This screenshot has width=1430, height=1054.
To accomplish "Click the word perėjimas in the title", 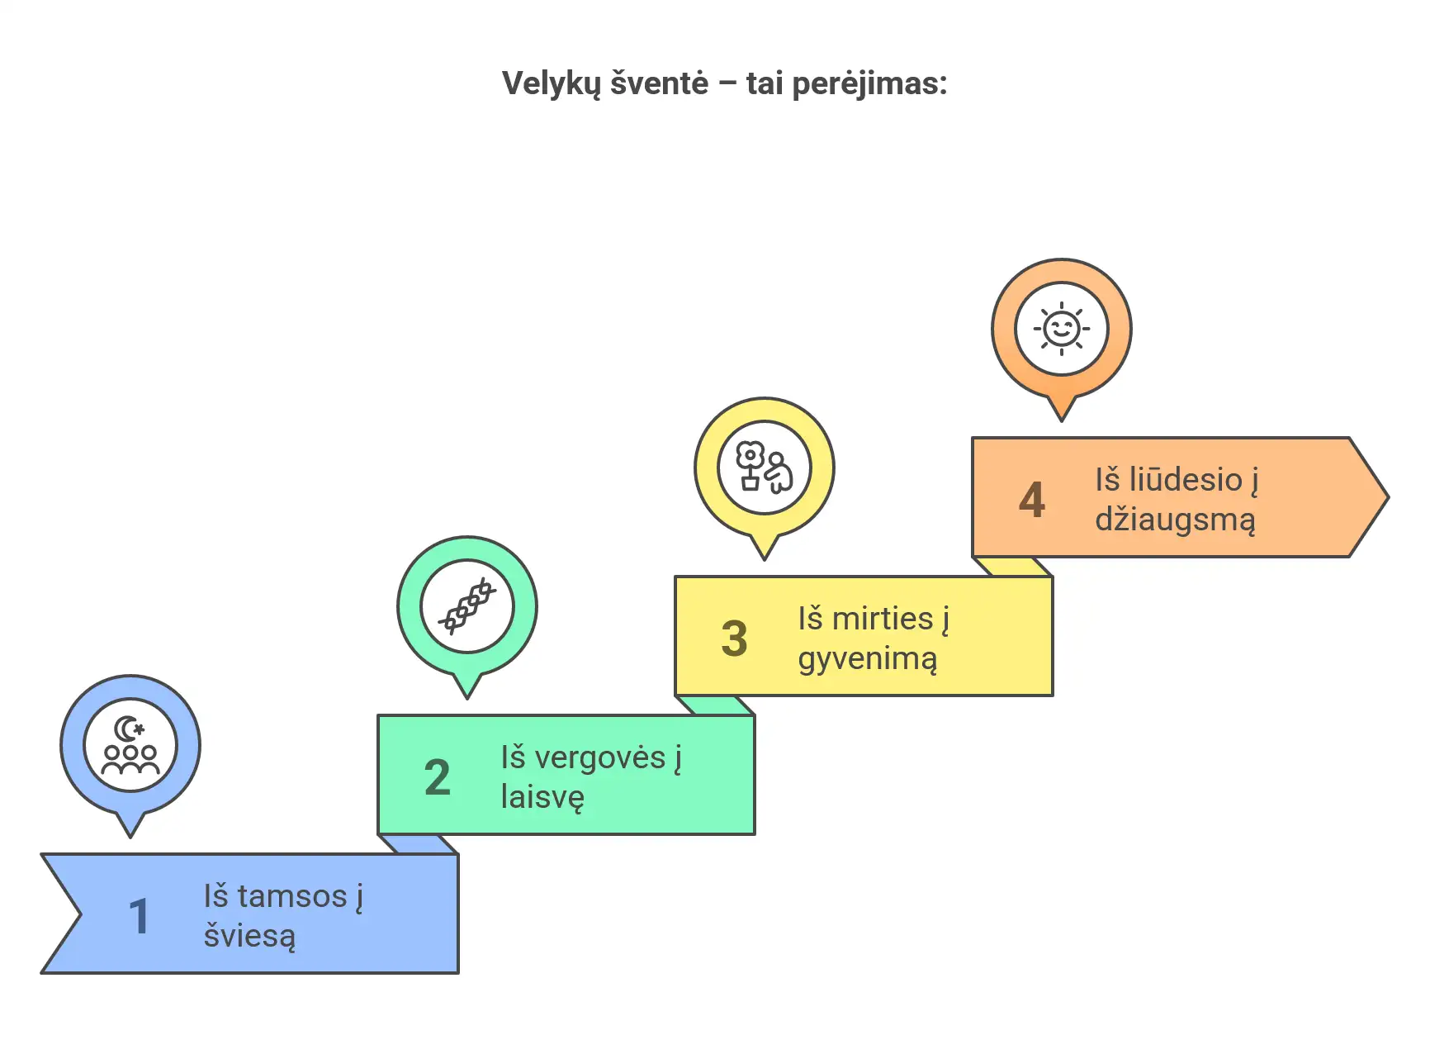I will click(x=869, y=84).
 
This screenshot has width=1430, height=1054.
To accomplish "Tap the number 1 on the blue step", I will click(x=140, y=917).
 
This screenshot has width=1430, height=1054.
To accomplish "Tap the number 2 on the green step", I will click(x=438, y=778).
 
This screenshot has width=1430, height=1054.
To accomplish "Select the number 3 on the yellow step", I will click(x=734, y=639).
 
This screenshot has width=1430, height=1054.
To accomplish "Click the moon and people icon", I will click(x=130, y=745).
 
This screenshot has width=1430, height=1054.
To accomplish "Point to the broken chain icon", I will click(x=467, y=606).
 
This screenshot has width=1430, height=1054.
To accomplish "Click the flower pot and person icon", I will click(x=765, y=468).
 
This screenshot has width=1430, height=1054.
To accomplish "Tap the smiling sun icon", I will click(x=1062, y=329).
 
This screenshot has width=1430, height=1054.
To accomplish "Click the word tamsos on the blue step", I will click(x=292, y=896).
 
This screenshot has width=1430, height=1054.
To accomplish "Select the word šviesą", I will click(x=249, y=937).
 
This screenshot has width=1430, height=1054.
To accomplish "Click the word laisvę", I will click(x=543, y=798).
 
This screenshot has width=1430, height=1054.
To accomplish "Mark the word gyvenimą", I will click(x=868, y=659).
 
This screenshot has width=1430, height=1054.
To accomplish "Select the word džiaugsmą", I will click(x=1176, y=520).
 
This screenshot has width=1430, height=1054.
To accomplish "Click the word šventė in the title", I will click(x=659, y=84).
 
